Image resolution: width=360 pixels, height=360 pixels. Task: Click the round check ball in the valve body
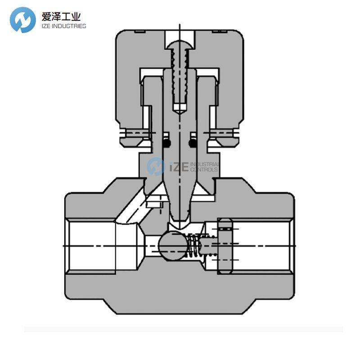pos(172,245)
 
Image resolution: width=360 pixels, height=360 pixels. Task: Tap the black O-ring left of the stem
pos(166,143)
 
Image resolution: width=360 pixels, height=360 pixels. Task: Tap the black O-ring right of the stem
pos(193,143)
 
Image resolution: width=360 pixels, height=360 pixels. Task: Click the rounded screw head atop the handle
pos(180,45)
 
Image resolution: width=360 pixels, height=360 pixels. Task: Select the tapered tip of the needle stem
pos(180,211)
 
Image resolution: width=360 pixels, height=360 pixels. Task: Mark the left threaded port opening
pos(90,245)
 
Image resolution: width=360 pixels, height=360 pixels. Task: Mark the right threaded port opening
pos(265,245)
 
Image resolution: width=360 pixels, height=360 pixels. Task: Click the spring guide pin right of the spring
pos(208,246)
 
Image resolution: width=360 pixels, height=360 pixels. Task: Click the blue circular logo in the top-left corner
pos(23,20)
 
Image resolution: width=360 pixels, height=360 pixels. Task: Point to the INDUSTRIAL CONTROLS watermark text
pos(205,167)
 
